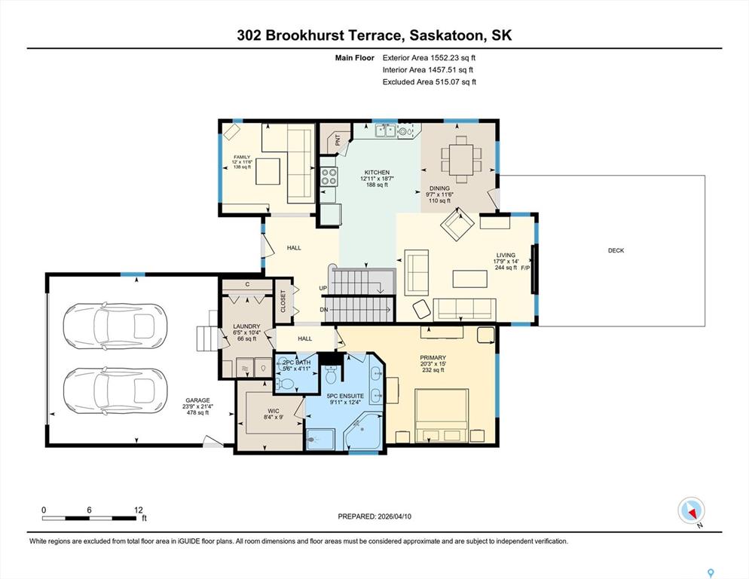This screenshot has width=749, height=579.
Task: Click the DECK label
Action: point(616,250)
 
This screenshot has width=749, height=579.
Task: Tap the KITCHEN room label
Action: point(377,172)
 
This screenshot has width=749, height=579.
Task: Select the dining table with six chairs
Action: point(461,159)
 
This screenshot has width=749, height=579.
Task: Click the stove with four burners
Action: point(329,176)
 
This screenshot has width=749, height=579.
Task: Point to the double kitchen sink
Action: point(385,130)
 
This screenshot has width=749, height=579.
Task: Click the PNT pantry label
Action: point(338,140)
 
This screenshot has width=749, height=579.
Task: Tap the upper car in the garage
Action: point(115,326)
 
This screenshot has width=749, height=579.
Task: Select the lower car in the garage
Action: point(115,391)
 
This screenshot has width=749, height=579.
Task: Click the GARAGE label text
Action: point(197,400)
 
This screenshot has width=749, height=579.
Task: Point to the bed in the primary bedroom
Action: point(441,415)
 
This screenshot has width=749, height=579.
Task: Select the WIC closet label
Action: point(274,411)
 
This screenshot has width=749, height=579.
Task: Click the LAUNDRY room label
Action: point(246,326)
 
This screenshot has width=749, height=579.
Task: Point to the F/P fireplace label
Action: point(525,268)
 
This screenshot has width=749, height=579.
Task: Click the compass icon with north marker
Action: point(691,510)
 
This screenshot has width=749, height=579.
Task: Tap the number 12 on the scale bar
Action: point(139,510)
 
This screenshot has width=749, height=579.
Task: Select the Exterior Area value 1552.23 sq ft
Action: point(453,58)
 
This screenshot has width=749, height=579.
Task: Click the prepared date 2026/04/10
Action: point(395,516)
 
